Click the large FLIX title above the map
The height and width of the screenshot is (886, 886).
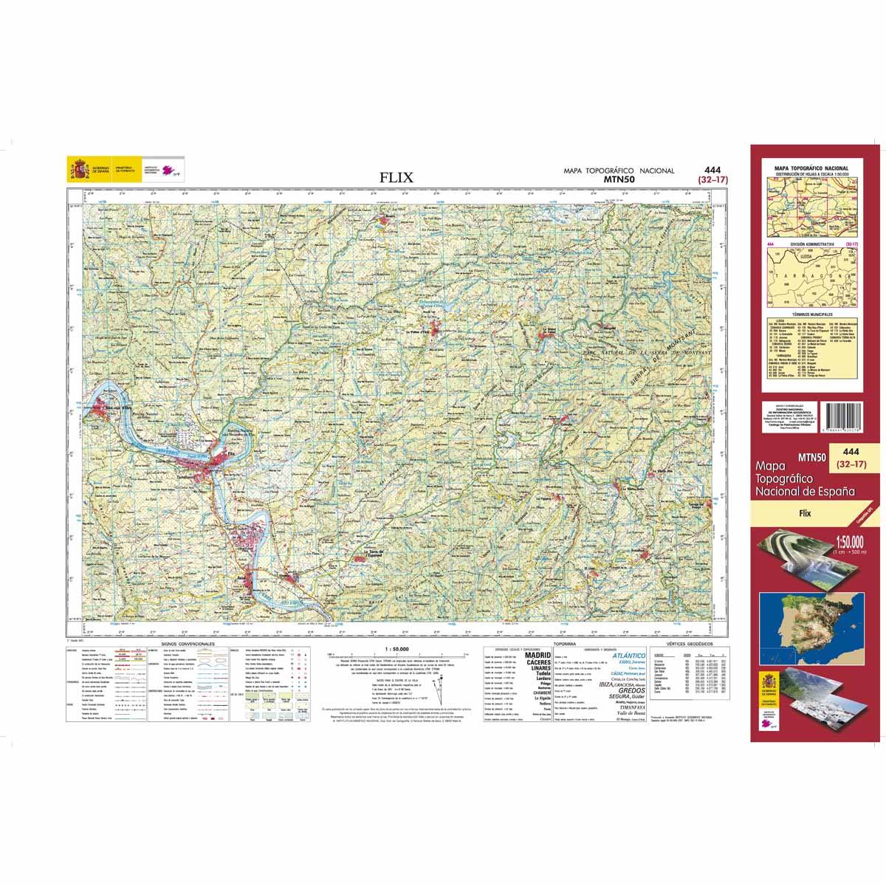396,177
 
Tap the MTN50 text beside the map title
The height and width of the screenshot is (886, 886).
619,179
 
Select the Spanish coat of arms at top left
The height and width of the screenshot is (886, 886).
78,169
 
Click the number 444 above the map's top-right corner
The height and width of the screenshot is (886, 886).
712,170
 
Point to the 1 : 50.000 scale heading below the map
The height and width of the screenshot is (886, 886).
396,649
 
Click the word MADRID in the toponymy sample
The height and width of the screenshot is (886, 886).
537,655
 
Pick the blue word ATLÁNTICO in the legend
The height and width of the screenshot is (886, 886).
629,655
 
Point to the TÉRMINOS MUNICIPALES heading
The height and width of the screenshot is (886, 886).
811,314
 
